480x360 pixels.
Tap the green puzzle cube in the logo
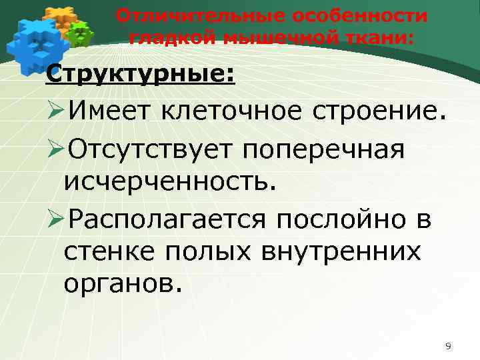(80, 33)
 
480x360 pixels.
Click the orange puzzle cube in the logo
(58, 16)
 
